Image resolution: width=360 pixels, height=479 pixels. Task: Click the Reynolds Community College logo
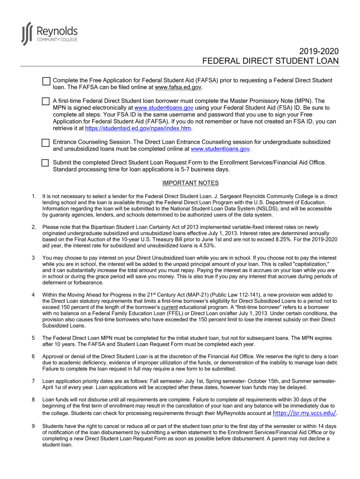[x=49, y=34]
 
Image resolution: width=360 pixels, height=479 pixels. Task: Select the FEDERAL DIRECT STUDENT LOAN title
[x=270, y=61]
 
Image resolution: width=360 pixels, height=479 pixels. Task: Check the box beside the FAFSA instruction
[x=46, y=81]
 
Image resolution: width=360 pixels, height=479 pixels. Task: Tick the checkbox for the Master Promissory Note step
[x=45, y=102]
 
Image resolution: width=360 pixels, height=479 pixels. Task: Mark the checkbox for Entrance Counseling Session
[x=45, y=143]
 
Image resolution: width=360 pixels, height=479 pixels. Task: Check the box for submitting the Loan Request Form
[x=45, y=163]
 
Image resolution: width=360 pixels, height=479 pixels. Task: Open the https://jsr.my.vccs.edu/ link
[x=304, y=413]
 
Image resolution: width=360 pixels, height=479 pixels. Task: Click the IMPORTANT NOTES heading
[x=190, y=183]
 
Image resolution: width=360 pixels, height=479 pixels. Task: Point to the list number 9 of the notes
[x=33, y=427]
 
